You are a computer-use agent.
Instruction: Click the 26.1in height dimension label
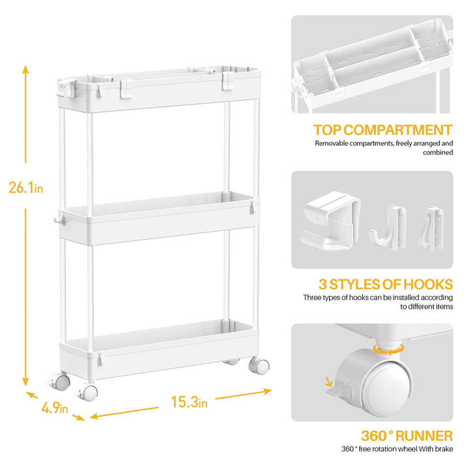point(26,188)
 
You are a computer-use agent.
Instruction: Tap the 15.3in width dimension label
point(189,402)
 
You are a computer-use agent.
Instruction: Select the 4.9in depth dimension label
point(55,408)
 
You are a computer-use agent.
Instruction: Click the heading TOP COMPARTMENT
point(383,130)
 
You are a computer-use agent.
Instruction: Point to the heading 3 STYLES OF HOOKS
point(386,284)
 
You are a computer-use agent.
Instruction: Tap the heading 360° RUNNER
point(407,436)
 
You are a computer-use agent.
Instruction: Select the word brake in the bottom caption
point(444,448)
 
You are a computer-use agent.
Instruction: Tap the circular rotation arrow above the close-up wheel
point(389,349)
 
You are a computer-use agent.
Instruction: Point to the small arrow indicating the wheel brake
point(329,382)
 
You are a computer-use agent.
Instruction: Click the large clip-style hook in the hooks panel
point(330,221)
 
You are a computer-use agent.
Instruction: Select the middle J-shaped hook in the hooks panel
point(388,227)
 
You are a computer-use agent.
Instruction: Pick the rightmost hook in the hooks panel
point(431,228)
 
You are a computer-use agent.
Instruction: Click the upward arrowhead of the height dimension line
point(25,69)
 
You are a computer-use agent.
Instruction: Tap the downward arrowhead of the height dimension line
point(25,382)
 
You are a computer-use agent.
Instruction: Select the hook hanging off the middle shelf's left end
point(59,217)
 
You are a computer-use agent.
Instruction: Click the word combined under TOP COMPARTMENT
point(437,152)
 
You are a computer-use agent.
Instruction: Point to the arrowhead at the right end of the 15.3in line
point(268,391)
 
